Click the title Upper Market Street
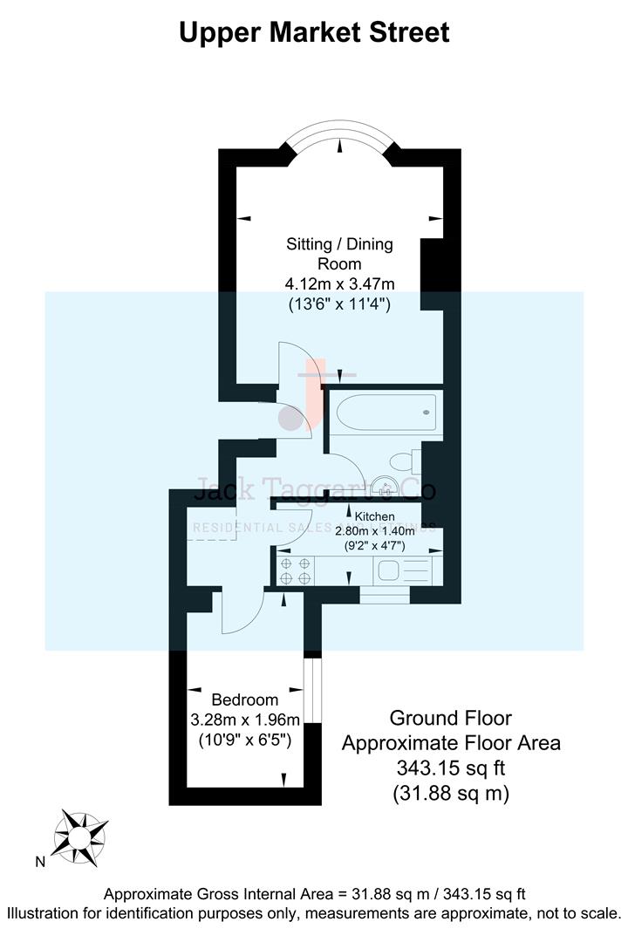[314, 32]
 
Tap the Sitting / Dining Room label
[340, 253]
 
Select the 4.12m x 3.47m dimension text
[340, 283]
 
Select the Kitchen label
[374, 516]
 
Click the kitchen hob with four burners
[295, 570]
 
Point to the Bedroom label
[245, 700]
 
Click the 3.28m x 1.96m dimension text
[245, 720]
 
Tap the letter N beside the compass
[40, 862]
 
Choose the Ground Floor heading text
[450, 718]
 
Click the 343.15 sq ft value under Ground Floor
[450, 769]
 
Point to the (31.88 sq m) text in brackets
[450, 794]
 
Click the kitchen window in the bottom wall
[385, 596]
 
